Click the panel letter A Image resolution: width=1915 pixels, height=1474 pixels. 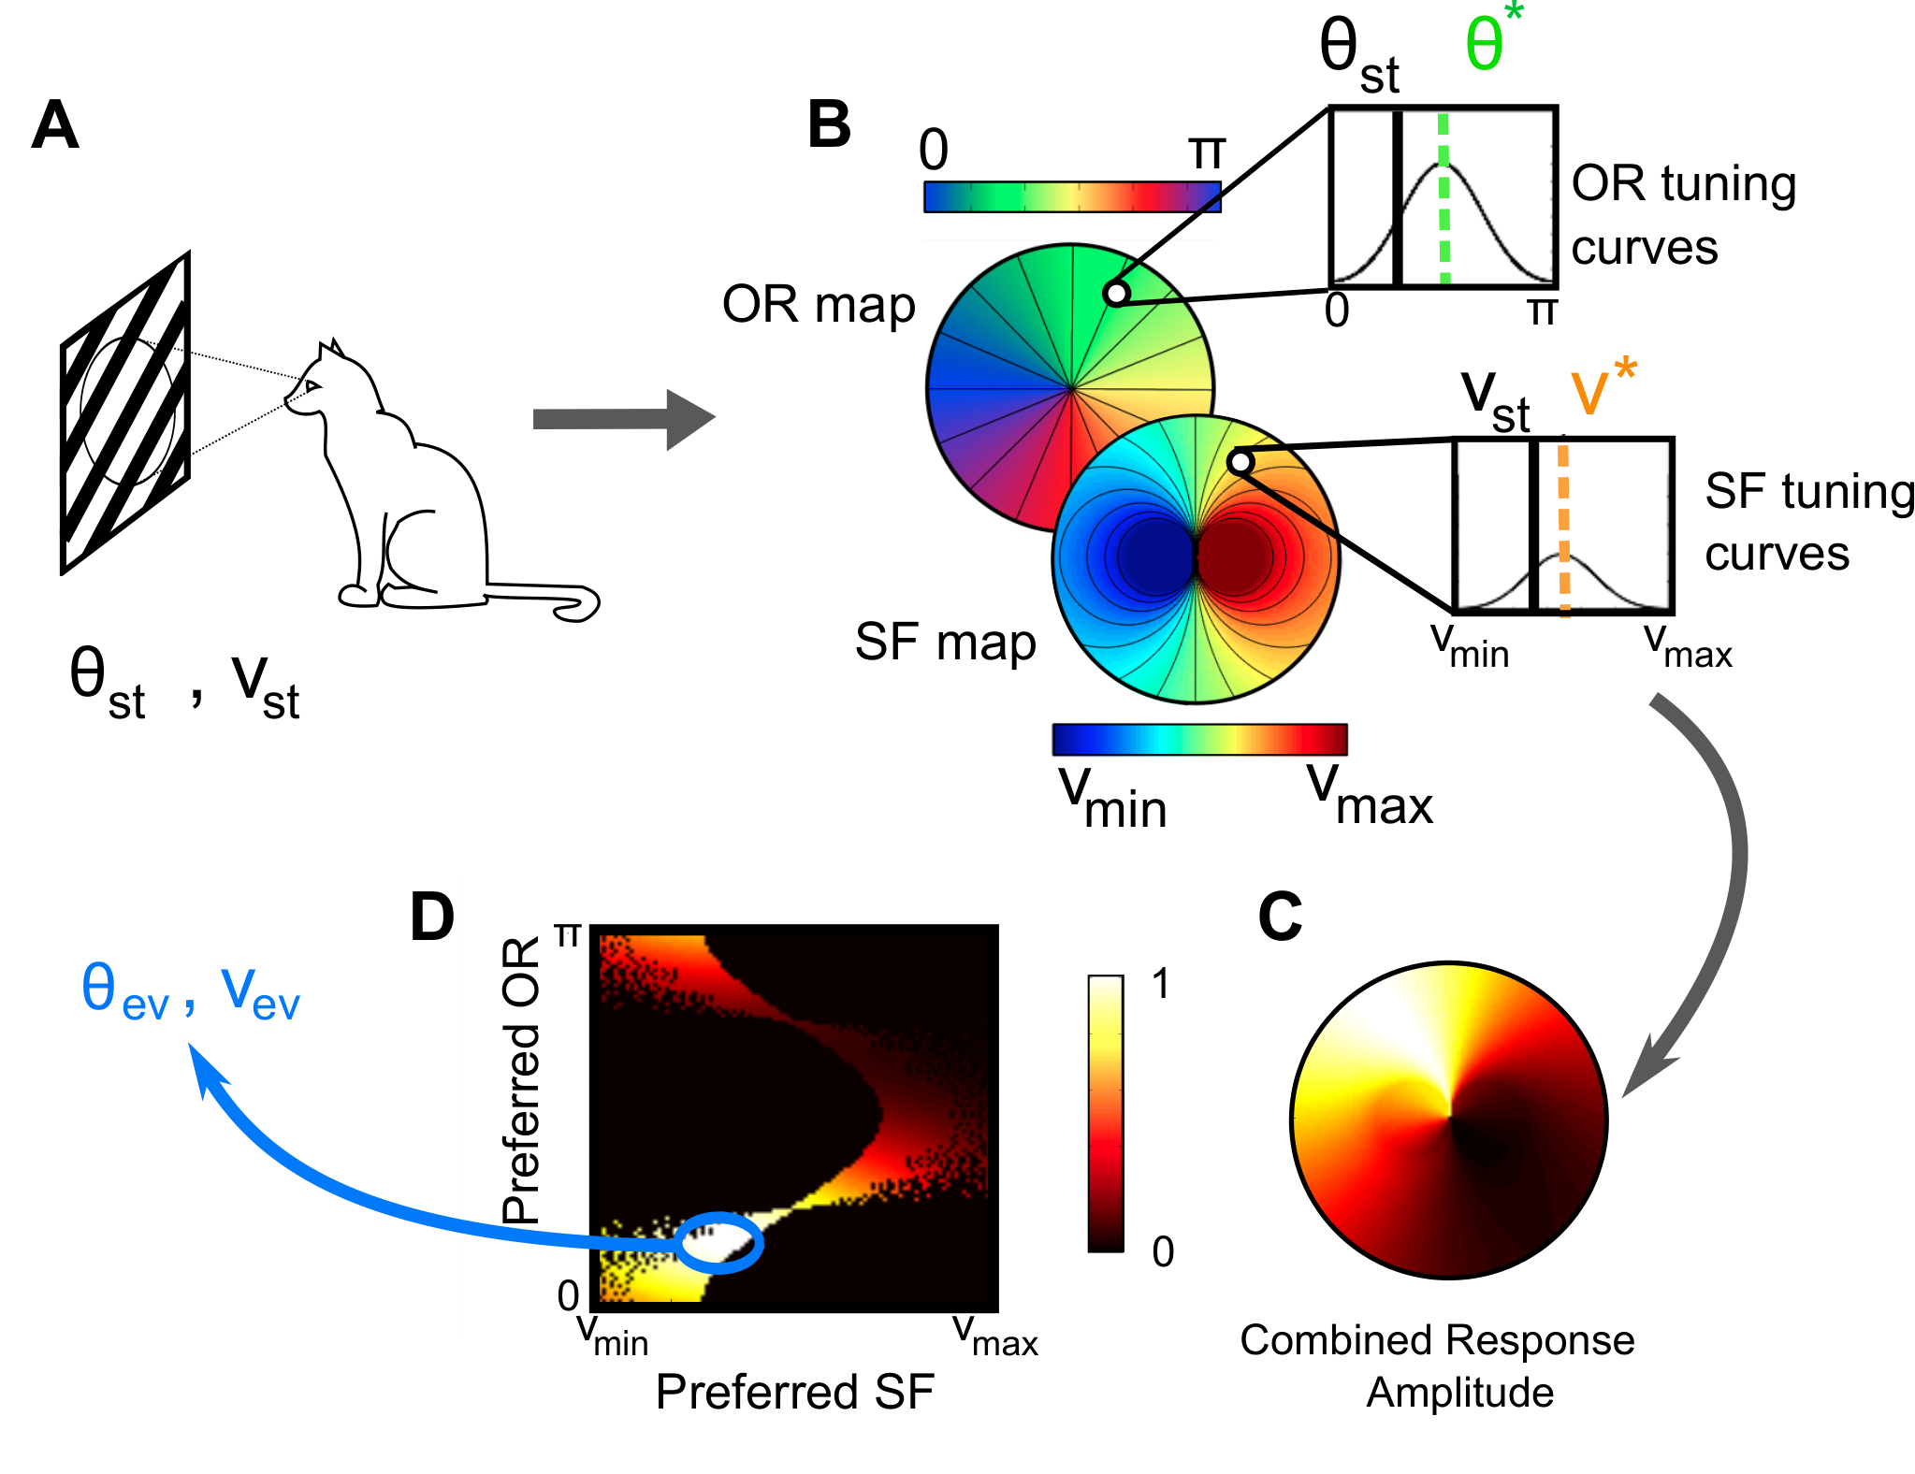tap(54, 125)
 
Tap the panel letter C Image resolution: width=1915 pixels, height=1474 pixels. tap(1280, 917)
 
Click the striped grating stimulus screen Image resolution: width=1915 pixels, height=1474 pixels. tap(125, 412)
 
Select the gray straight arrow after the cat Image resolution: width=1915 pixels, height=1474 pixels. tap(624, 419)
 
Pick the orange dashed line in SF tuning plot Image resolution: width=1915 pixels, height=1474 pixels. tap(1563, 526)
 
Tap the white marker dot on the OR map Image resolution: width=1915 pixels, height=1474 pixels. tap(1116, 294)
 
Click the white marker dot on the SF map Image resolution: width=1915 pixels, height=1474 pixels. tap(1240, 462)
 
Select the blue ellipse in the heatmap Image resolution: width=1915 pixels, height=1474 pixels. tap(719, 1243)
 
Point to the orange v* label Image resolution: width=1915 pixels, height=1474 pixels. tap(1603, 387)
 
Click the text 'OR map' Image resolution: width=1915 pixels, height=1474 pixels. tap(818, 305)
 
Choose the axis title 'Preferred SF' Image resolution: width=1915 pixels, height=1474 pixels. tap(794, 1392)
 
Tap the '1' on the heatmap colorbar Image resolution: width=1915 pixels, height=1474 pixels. tap(1161, 984)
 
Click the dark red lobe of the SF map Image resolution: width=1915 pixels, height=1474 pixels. tap(1235, 556)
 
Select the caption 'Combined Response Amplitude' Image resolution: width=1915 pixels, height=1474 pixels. tap(1438, 1366)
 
